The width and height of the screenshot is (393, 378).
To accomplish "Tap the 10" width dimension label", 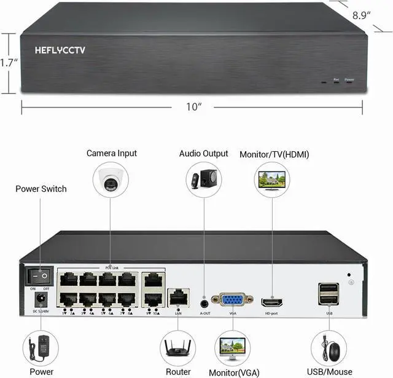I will click(x=194, y=107).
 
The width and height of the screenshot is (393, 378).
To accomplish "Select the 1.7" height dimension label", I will click(x=8, y=63).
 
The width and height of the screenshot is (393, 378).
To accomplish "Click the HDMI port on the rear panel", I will click(x=272, y=302).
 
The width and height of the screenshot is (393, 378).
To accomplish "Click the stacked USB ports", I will click(x=329, y=293).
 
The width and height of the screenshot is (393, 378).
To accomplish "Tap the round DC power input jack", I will click(x=41, y=299).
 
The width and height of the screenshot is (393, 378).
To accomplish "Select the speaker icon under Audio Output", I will click(x=203, y=179).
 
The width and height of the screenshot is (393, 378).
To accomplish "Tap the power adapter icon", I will click(x=41, y=348).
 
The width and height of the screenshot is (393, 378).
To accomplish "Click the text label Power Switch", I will click(x=41, y=189).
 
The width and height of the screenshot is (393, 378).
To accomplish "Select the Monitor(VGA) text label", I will click(x=234, y=372).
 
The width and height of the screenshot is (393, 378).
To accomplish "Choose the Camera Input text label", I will click(x=112, y=153).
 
